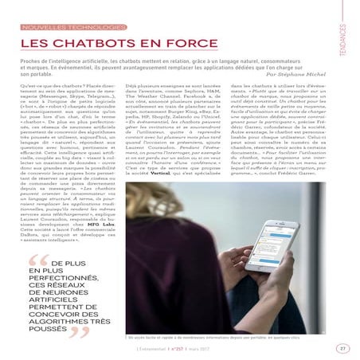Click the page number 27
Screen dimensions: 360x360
tap(341, 347)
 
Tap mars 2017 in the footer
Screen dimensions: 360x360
tap(209, 347)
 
